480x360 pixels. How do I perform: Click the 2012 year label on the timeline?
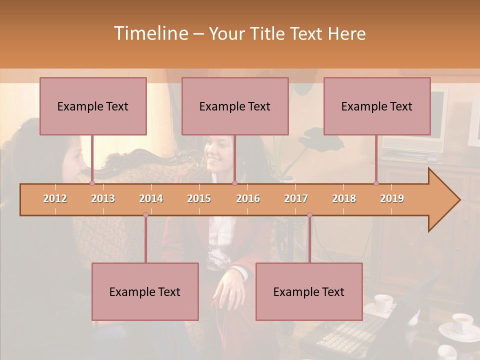pos(55,198)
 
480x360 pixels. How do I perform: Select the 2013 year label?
pos(103,198)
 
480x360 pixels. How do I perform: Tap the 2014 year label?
pos(151,198)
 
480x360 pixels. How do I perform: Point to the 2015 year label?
pos(199,198)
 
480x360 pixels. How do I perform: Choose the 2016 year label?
pos(248,198)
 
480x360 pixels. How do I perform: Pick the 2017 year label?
pos(296,198)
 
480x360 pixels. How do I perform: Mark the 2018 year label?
pos(344,198)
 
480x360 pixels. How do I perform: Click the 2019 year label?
pos(392,198)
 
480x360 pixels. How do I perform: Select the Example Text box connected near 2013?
pos(93,106)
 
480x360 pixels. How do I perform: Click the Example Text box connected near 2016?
pos(235,106)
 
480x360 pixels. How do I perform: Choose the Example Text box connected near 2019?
pos(377,106)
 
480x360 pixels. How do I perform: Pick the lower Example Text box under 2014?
pos(145,291)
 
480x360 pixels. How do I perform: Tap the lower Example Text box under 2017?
pos(309,291)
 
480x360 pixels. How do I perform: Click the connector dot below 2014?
pos(145,215)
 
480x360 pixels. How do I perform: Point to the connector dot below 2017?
pos(309,215)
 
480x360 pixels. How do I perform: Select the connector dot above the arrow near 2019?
pos(376,183)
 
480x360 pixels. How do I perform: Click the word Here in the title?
pos(347,34)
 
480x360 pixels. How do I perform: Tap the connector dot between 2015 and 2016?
pos(234,183)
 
